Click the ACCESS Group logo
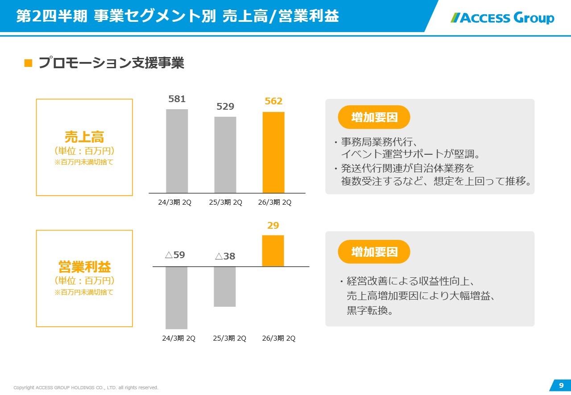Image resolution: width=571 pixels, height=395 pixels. pos(502,18)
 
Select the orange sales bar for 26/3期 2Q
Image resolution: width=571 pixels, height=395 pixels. pos(273,152)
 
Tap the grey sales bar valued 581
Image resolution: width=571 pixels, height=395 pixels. pos(177,151)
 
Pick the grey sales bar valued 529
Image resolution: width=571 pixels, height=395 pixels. pos(225,155)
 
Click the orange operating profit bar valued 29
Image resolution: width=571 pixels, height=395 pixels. pos(273,251)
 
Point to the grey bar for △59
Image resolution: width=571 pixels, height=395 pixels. pos(176,298)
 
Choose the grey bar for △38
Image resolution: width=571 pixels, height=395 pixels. pos(225,287)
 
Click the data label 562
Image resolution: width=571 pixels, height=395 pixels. pos(273,101)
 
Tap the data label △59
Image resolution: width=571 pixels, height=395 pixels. pos(175,255)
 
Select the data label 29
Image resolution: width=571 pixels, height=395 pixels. pos(273,226)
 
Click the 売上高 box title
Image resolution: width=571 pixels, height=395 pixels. pos(84,137)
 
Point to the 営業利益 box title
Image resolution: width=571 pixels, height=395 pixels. pos(84,267)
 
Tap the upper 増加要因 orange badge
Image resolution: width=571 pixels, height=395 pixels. pos(374,117)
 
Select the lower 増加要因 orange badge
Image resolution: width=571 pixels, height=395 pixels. pos(374,252)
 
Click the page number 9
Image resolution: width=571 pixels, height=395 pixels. pos(561,385)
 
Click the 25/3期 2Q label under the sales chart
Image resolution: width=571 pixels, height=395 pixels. pos(225,202)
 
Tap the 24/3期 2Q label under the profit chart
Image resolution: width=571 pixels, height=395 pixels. pos(178,338)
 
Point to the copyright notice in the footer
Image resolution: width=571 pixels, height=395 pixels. pos(86,388)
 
